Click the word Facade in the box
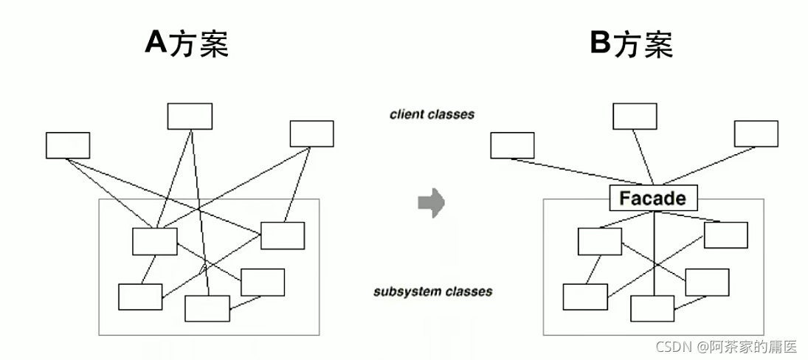pyautogui.click(x=652, y=198)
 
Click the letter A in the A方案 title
pyautogui.click(x=156, y=43)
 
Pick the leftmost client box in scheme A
pyautogui.click(x=68, y=145)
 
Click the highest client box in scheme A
pyautogui.click(x=190, y=117)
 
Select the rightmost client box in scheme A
pyautogui.click(x=311, y=134)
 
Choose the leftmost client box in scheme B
pyautogui.click(x=512, y=145)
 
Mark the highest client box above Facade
pyautogui.click(x=635, y=117)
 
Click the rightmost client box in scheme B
pyautogui.click(x=756, y=134)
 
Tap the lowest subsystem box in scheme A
pyautogui.click(x=207, y=308)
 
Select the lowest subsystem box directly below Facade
pyautogui.click(x=652, y=308)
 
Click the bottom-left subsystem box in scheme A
pyautogui.click(x=140, y=297)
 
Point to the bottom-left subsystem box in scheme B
pyautogui.click(x=585, y=297)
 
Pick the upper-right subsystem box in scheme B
pyautogui.click(x=725, y=235)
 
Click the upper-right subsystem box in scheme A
pyautogui.click(x=283, y=235)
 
